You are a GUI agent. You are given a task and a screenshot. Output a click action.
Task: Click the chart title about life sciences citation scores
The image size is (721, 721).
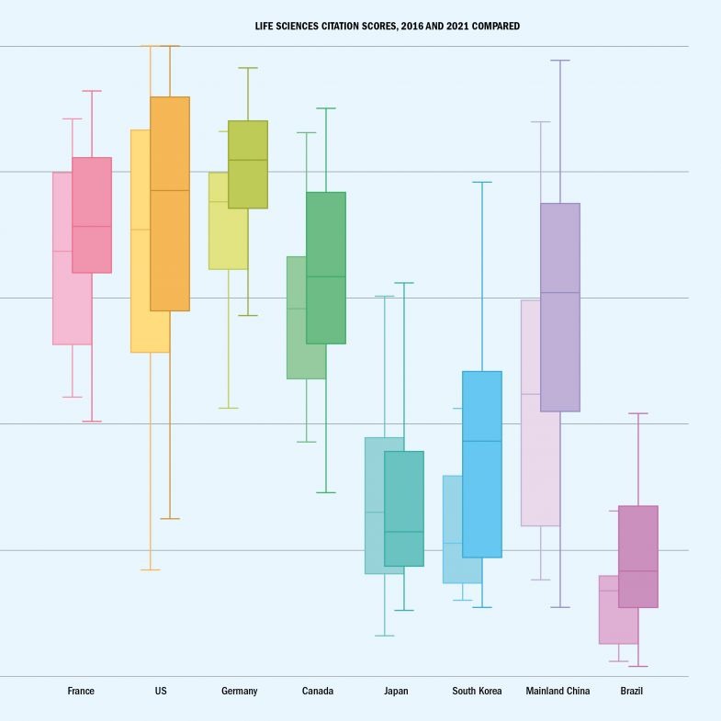tap(387, 26)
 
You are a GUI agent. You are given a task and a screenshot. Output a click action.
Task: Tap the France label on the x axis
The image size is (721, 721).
tap(81, 691)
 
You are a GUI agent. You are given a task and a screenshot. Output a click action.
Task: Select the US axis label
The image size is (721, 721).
tap(161, 691)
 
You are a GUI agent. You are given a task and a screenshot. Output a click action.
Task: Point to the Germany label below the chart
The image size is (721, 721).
tap(240, 691)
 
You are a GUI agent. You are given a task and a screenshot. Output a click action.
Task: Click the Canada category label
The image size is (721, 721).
tap(318, 691)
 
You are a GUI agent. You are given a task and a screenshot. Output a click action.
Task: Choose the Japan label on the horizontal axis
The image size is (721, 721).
tap(396, 691)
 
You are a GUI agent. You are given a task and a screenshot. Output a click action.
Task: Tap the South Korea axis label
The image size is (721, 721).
tap(477, 691)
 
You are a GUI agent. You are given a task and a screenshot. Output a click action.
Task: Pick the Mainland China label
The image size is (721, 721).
tap(558, 691)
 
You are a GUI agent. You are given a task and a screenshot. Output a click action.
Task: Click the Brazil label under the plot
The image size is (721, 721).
tap(632, 691)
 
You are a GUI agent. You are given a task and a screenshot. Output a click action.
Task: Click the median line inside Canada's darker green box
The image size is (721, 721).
tap(326, 276)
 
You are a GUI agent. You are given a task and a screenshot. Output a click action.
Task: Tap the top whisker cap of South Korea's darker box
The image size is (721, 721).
tap(482, 182)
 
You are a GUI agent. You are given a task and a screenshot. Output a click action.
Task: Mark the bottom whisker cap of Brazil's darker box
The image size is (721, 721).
tap(638, 666)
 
